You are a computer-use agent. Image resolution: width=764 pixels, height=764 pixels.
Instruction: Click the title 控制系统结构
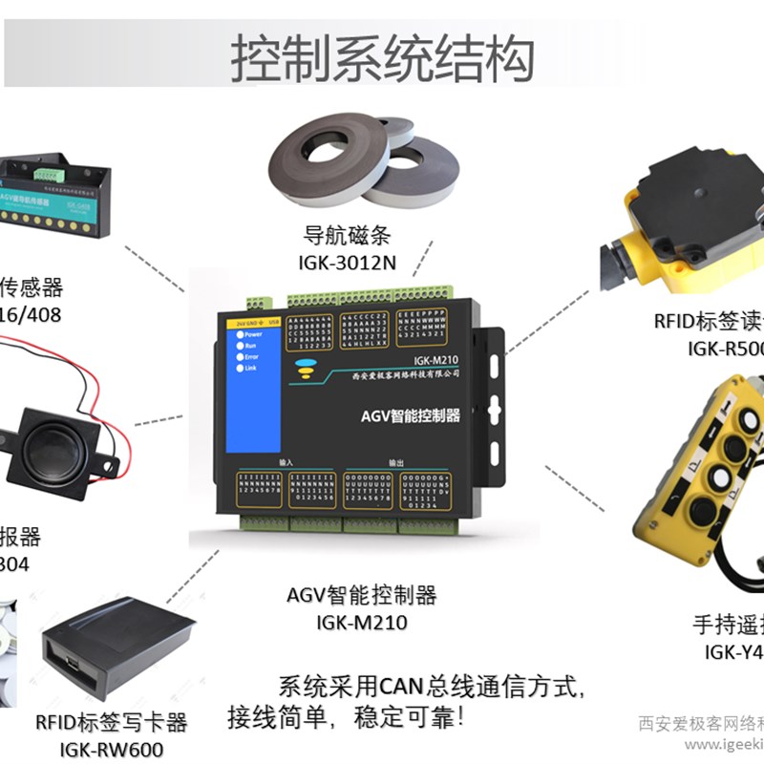pos(381,59)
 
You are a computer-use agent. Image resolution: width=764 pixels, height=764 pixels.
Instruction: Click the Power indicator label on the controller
pos(252,334)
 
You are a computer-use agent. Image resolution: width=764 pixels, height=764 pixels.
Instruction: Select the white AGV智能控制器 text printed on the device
pos(411,415)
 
